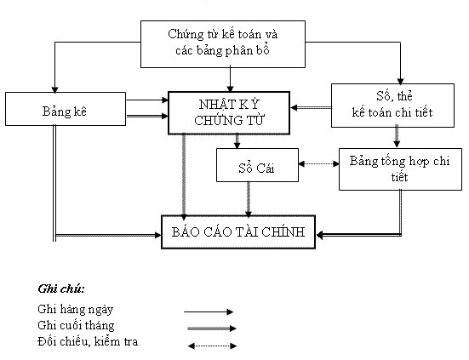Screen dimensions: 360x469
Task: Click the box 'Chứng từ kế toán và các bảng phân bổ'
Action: [x=225, y=42]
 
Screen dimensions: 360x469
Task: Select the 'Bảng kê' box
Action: [x=55, y=111]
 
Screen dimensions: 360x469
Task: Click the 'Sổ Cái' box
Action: [x=256, y=165]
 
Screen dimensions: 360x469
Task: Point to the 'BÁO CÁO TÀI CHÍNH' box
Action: [x=237, y=231]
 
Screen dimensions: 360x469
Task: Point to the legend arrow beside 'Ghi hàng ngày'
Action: [x=210, y=312]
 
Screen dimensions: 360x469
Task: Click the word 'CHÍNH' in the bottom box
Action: [x=287, y=231]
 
